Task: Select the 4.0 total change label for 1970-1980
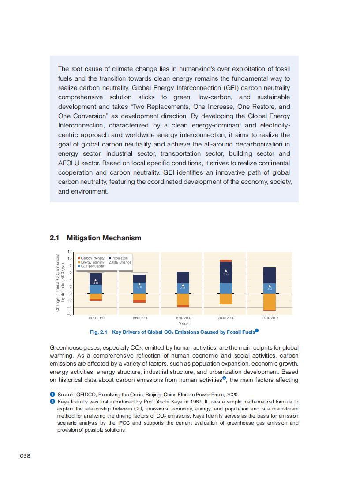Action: coord(95,283)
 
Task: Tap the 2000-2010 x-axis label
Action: coord(225,317)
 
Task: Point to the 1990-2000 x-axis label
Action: coord(182,317)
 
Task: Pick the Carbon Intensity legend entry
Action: coord(92,258)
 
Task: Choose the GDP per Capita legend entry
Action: coord(91,266)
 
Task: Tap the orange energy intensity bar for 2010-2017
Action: coord(269,302)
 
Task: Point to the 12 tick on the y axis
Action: coord(70,252)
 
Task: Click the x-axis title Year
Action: coord(183,324)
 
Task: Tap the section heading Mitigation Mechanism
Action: coord(104,238)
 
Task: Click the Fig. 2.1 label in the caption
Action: coord(99,332)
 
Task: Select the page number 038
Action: coord(24,455)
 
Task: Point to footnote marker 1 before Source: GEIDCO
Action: coord(52,395)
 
